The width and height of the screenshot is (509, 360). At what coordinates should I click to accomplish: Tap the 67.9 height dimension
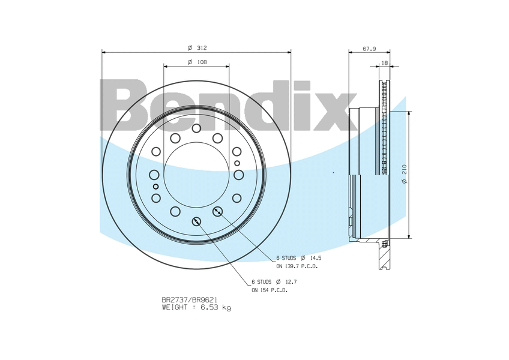pyautogui.click(x=369, y=49)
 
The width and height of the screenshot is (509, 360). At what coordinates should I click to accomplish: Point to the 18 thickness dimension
pyautogui.click(x=385, y=63)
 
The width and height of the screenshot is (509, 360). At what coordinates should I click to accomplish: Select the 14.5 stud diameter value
pyautogui.click(x=316, y=258)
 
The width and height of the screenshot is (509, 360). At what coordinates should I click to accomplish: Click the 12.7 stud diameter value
pyautogui.click(x=291, y=282)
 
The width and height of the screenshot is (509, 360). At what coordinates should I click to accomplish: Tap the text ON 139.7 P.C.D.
pyautogui.click(x=297, y=266)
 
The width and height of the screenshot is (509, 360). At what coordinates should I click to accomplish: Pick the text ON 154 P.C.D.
pyautogui.click(x=270, y=290)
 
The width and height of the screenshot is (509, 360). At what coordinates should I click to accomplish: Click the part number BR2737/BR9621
pyautogui.click(x=189, y=300)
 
